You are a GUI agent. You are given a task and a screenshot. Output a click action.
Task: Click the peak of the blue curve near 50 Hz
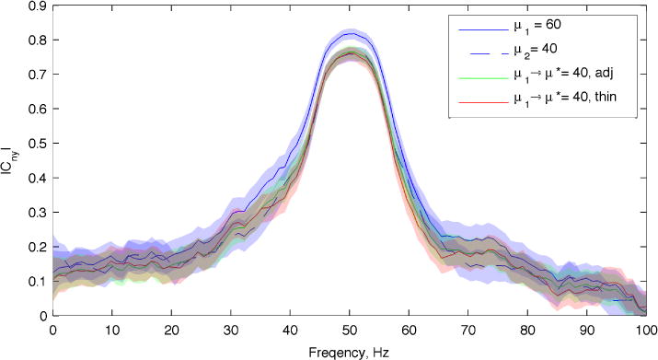350,32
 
